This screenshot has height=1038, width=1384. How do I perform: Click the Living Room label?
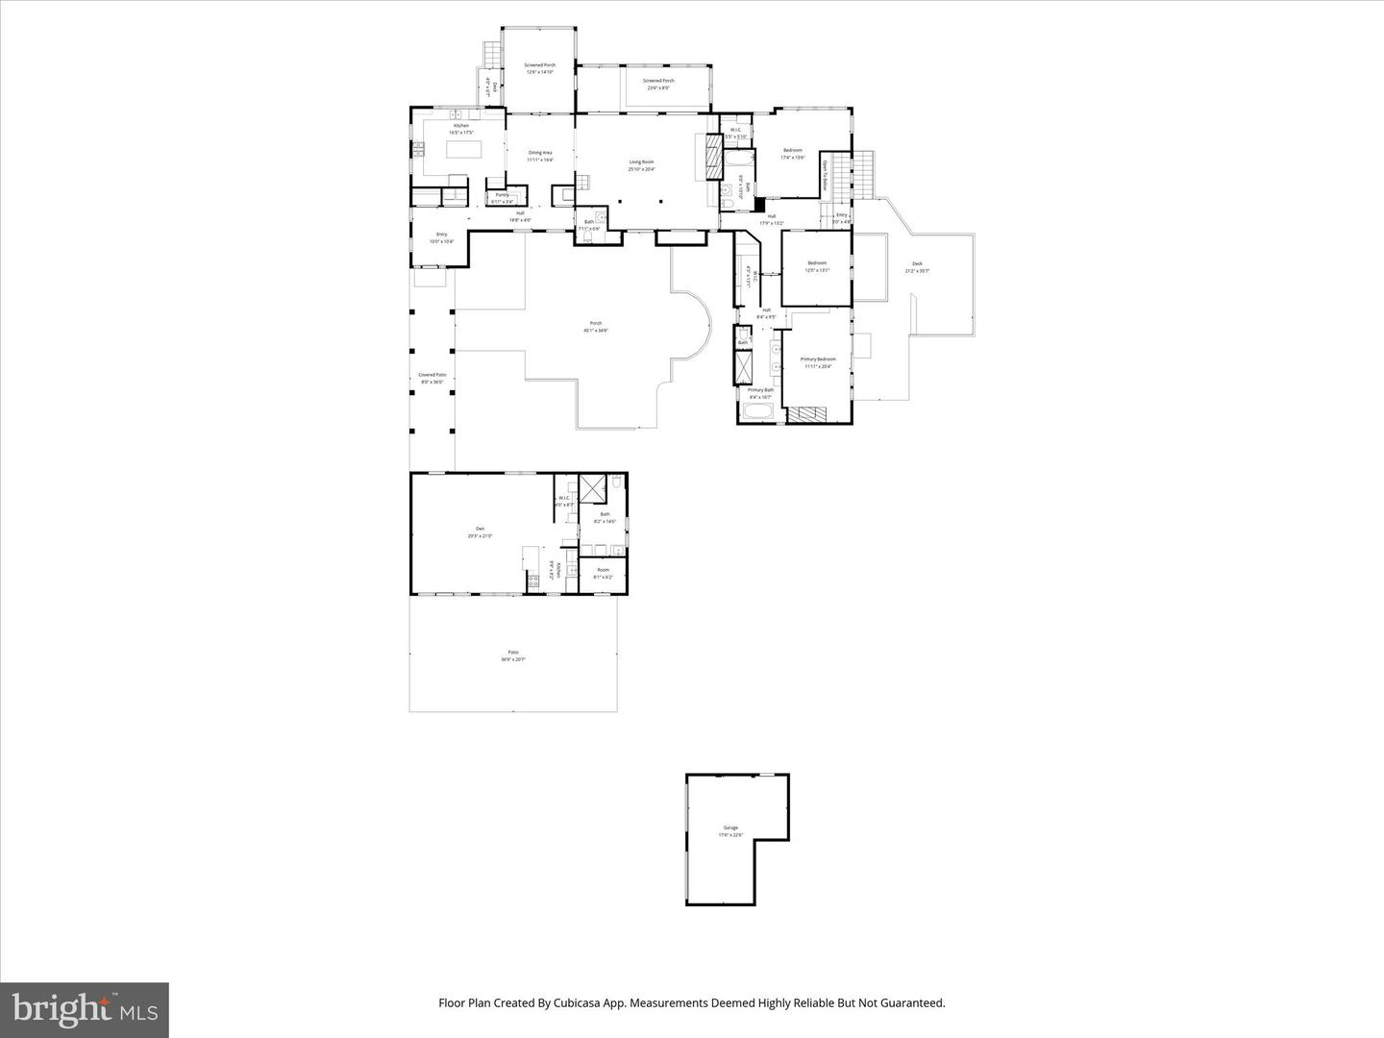click(641, 165)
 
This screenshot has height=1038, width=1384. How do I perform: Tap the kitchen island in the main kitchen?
click(463, 151)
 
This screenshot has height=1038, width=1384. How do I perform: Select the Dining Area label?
click(540, 156)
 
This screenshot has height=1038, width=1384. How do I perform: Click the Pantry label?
click(502, 198)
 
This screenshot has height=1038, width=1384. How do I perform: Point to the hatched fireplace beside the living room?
click(712, 155)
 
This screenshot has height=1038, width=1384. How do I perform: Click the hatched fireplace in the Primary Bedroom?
click(806, 414)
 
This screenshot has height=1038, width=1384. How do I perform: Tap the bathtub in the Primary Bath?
click(759, 413)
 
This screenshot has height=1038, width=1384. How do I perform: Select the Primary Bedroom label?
click(818, 362)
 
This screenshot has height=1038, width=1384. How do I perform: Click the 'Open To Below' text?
click(825, 177)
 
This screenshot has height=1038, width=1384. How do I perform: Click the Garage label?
click(730, 830)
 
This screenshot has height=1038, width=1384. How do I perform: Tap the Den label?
click(480, 532)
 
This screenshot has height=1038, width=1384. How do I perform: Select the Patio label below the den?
click(513, 655)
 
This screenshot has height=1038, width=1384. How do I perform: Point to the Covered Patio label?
click(432, 378)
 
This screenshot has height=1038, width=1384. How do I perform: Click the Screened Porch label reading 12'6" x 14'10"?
click(539, 68)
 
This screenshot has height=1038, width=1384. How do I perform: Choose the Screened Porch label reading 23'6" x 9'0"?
click(658, 84)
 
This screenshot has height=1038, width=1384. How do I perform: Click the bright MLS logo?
click(85, 1009)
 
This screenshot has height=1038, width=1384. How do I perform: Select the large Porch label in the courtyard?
click(596, 326)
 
